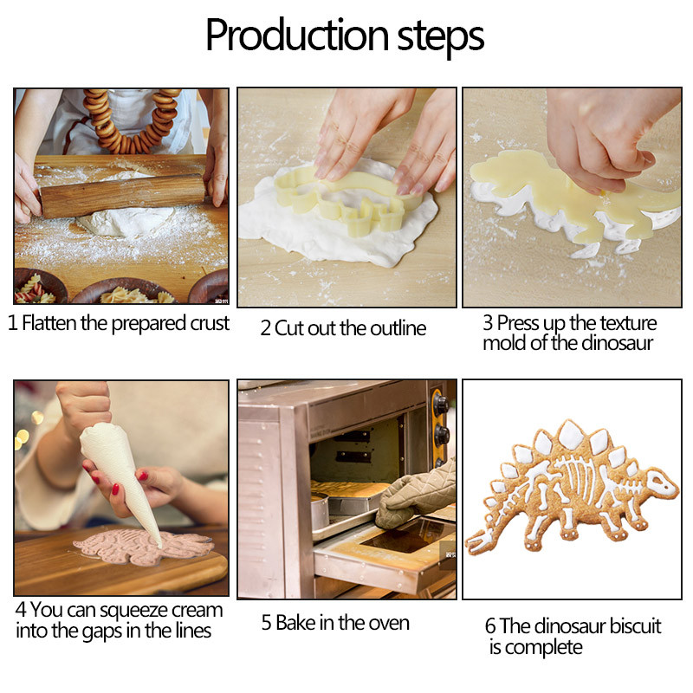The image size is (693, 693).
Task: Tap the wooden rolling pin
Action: click(121, 194)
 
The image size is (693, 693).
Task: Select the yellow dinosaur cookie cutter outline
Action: click(346, 195)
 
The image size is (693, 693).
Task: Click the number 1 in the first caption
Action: click(13, 325)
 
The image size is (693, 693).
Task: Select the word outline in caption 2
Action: click(398, 329)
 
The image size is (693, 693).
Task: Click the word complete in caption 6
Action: click(544, 647)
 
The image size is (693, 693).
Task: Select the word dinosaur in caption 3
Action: click(617, 343)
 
